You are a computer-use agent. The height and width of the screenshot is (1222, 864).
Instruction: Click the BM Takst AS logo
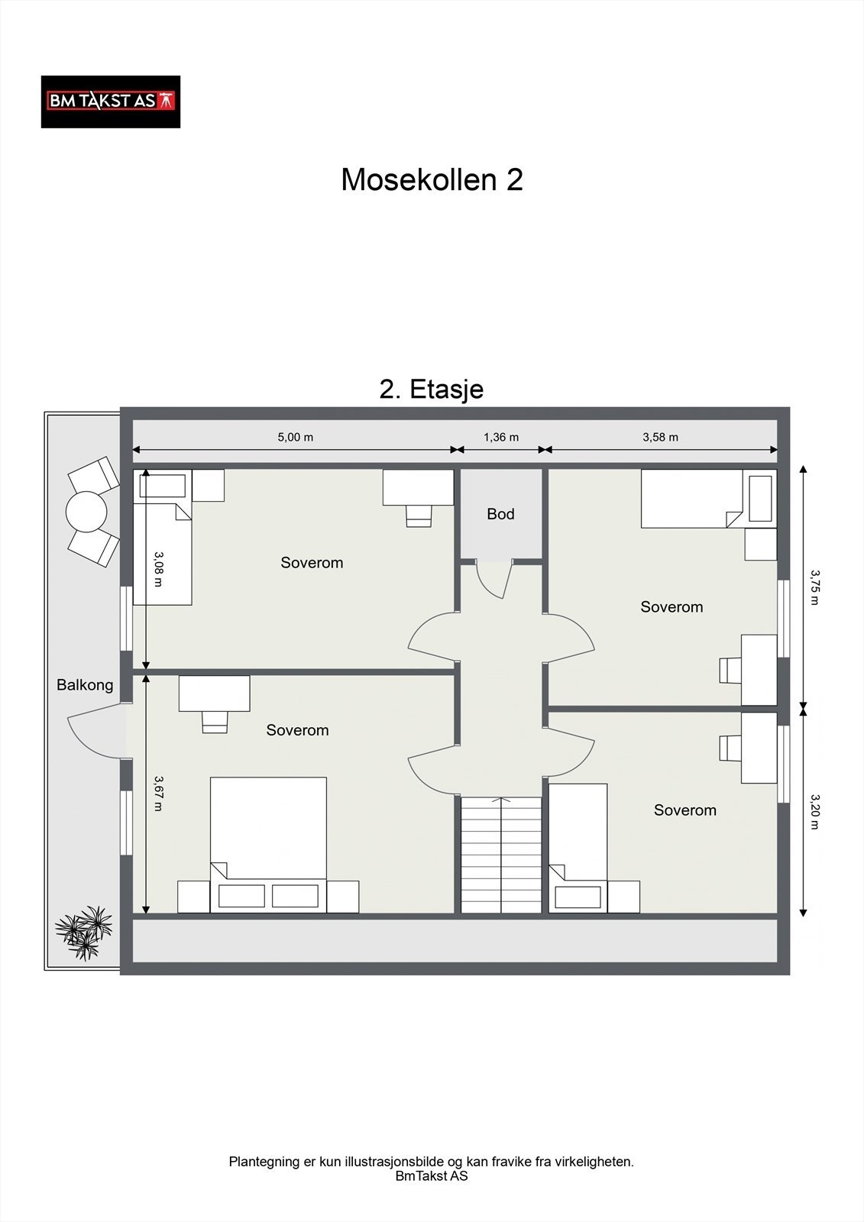[x=110, y=102]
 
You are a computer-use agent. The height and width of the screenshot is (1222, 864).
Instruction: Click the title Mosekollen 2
[x=432, y=179]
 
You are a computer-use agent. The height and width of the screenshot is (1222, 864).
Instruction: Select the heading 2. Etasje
[x=431, y=390]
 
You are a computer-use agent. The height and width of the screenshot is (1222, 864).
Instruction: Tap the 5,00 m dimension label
[x=296, y=437]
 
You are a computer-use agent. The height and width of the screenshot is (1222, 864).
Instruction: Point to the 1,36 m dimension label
[x=501, y=437]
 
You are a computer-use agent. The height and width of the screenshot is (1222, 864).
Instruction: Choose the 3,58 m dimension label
[x=661, y=437]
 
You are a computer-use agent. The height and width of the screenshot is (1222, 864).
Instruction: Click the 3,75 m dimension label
[x=814, y=587]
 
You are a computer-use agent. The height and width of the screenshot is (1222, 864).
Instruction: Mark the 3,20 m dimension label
[x=814, y=812]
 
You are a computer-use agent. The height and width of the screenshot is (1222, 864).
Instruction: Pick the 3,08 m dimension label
[x=158, y=569]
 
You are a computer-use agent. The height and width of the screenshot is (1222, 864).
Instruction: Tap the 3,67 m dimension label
[x=158, y=794]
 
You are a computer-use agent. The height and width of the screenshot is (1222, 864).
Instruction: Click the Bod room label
[x=500, y=514]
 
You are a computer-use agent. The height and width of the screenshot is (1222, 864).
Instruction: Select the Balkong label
[x=85, y=685]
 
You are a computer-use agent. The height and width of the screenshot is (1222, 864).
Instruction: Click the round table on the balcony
[x=86, y=512]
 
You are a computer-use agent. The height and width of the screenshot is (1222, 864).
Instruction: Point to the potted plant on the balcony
[x=83, y=933]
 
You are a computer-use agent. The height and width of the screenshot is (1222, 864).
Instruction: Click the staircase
[x=501, y=855]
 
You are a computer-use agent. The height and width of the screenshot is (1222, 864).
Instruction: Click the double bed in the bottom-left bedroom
[x=269, y=845]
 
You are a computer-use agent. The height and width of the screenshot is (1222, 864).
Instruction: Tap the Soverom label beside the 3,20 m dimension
[x=685, y=810]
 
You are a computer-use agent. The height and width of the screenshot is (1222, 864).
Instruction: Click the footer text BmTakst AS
[x=431, y=1175]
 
